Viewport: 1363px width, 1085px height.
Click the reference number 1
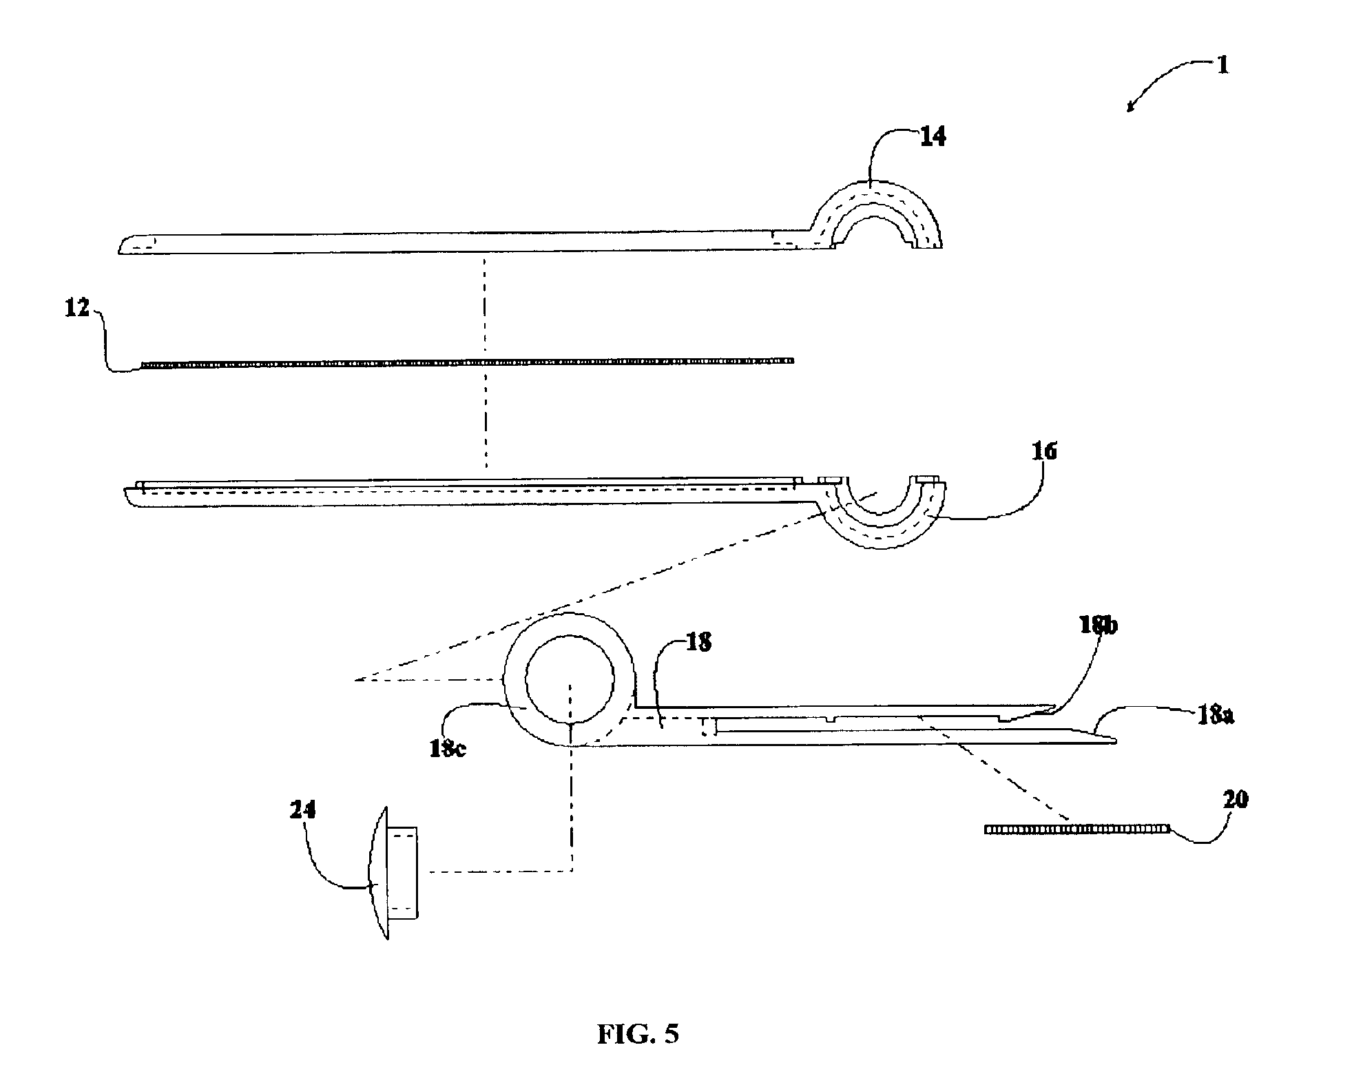click(1222, 65)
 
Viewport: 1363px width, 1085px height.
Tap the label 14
click(932, 136)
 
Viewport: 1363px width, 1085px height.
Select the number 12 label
click(78, 309)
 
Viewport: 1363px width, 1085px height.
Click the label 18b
click(1098, 626)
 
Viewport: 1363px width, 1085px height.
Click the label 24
click(302, 810)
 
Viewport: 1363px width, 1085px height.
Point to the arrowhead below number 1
click(1130, 107)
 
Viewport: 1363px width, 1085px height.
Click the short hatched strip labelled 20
click(1076, 829)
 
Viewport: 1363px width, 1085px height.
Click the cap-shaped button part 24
click(396, 873)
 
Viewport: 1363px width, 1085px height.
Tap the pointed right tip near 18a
click(1114, 741)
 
